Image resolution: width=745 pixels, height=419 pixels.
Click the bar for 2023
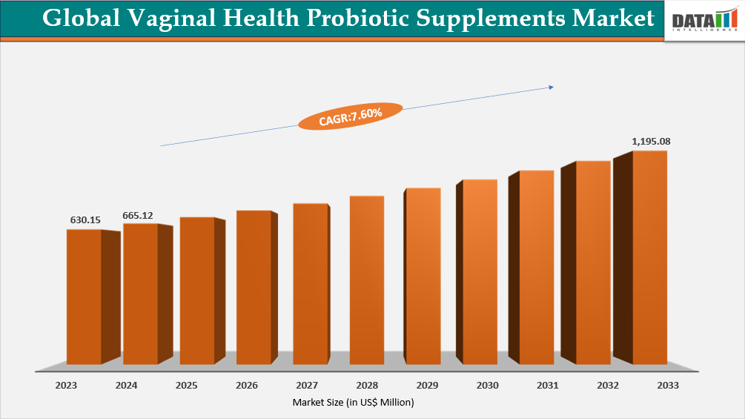coord(84,297)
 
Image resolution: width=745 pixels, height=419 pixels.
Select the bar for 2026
coord(254,288)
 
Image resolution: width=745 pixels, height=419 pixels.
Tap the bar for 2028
coord(366,280)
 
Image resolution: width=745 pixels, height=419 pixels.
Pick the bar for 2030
coord(480,271)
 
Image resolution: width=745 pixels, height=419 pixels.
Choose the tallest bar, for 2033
coord(649,257)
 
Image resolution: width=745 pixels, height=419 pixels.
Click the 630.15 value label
coord(85,220)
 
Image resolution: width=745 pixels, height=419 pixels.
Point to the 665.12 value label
coord(138,215)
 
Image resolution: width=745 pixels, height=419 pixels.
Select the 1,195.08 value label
coord(651,141)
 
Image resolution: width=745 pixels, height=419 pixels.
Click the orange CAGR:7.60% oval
coord(350,115)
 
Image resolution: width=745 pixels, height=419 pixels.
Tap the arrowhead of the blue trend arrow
coord(551,87)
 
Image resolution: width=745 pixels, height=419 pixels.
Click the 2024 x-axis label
coord(127,386)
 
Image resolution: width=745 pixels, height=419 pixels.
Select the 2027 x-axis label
coord(307,386)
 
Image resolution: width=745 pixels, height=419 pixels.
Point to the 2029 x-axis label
coord(427,386)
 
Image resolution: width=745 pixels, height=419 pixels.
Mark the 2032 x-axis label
coord(606,386)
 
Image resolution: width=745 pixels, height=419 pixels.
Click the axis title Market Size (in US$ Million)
coord(353,402)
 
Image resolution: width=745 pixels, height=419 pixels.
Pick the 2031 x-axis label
coord(547,386)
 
